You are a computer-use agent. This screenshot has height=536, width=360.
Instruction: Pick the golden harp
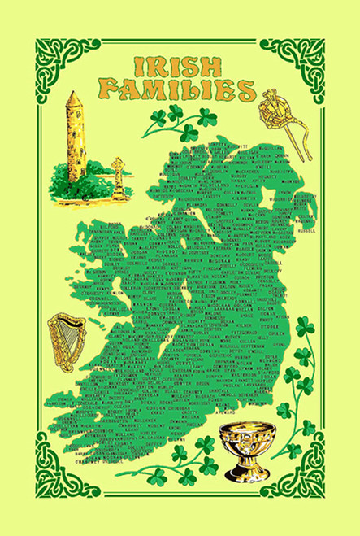(x=66, y=342)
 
